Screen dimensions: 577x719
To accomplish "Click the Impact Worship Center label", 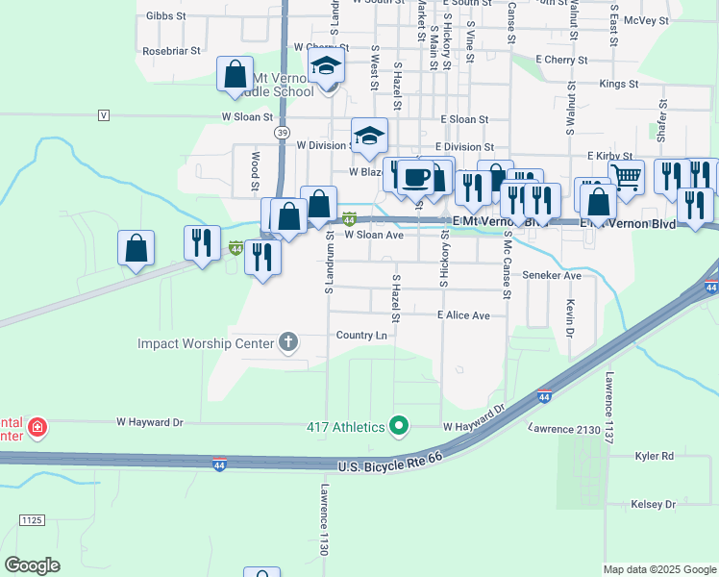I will [x=206, y=343].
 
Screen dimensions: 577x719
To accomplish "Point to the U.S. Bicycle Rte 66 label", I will [x=392, y=466].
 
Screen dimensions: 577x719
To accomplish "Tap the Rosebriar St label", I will [x=170, y=49].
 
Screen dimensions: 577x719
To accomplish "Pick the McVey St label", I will [x=646, y=18].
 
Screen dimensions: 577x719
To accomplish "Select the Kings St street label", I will [x=619, y=85].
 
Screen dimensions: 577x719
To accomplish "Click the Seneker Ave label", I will [x=552, y=275].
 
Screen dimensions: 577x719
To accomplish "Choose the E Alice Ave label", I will [x=463, y=315].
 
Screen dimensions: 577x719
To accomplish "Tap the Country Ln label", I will [x=361, y=336].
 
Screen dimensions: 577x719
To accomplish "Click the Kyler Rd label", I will [x=654, y=456].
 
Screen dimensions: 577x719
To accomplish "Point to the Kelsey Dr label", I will [x=655, y=505].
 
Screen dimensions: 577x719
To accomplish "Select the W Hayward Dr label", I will [x=149, y=421].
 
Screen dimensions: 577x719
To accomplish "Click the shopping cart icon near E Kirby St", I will [x=626, y=176].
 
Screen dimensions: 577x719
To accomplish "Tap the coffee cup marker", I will [x=417, y=177].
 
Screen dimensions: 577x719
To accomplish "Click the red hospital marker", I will [x=37, y=426].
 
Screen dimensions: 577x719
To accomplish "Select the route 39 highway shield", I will [x=281, y=131].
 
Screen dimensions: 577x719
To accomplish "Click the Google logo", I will [x=33, y=564].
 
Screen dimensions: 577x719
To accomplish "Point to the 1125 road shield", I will [x=31, y=520].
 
